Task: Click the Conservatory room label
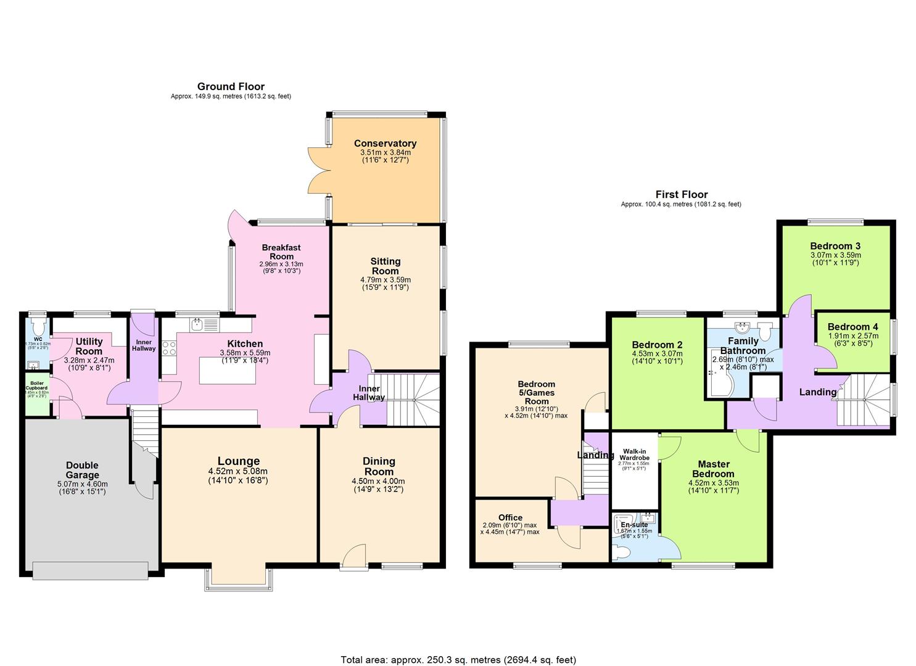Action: pos(385,144)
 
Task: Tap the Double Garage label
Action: pos(83,470)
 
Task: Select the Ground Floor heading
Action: pos(231,86)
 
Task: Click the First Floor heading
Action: pos(681,194)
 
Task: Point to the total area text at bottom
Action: pos(458,659)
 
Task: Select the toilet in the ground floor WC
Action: pos(39,326)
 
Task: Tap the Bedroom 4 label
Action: pos(852,327)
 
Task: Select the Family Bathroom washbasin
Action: pos(742,326)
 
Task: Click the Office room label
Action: pos(510,517)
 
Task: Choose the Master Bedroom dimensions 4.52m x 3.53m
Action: pos(714,483)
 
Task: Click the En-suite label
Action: pos(634,525)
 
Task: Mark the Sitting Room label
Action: pos(385,266)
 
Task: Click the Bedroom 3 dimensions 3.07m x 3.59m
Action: pos(835,255)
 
